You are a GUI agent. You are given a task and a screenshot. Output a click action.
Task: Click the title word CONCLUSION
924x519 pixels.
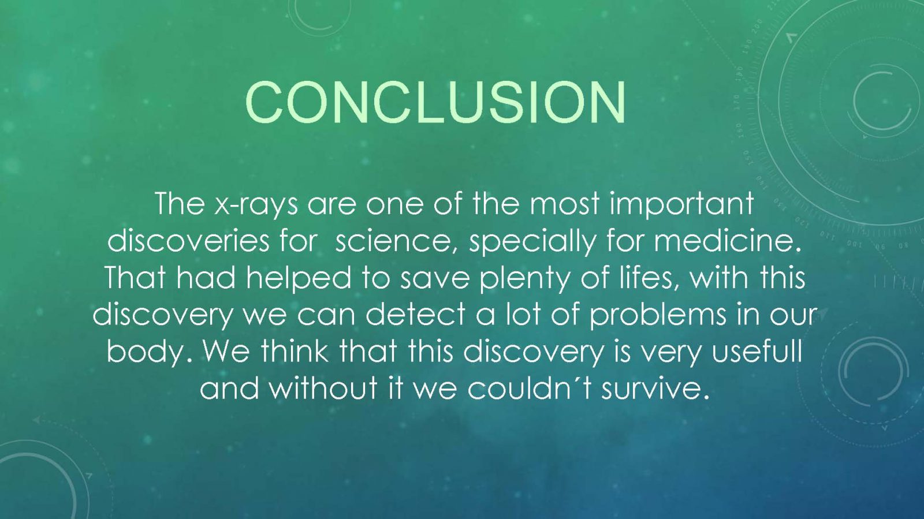click(435, 102)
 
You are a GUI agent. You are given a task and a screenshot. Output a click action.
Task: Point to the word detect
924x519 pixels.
click(416, 315)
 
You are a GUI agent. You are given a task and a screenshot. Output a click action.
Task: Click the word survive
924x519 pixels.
click(655, 389)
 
